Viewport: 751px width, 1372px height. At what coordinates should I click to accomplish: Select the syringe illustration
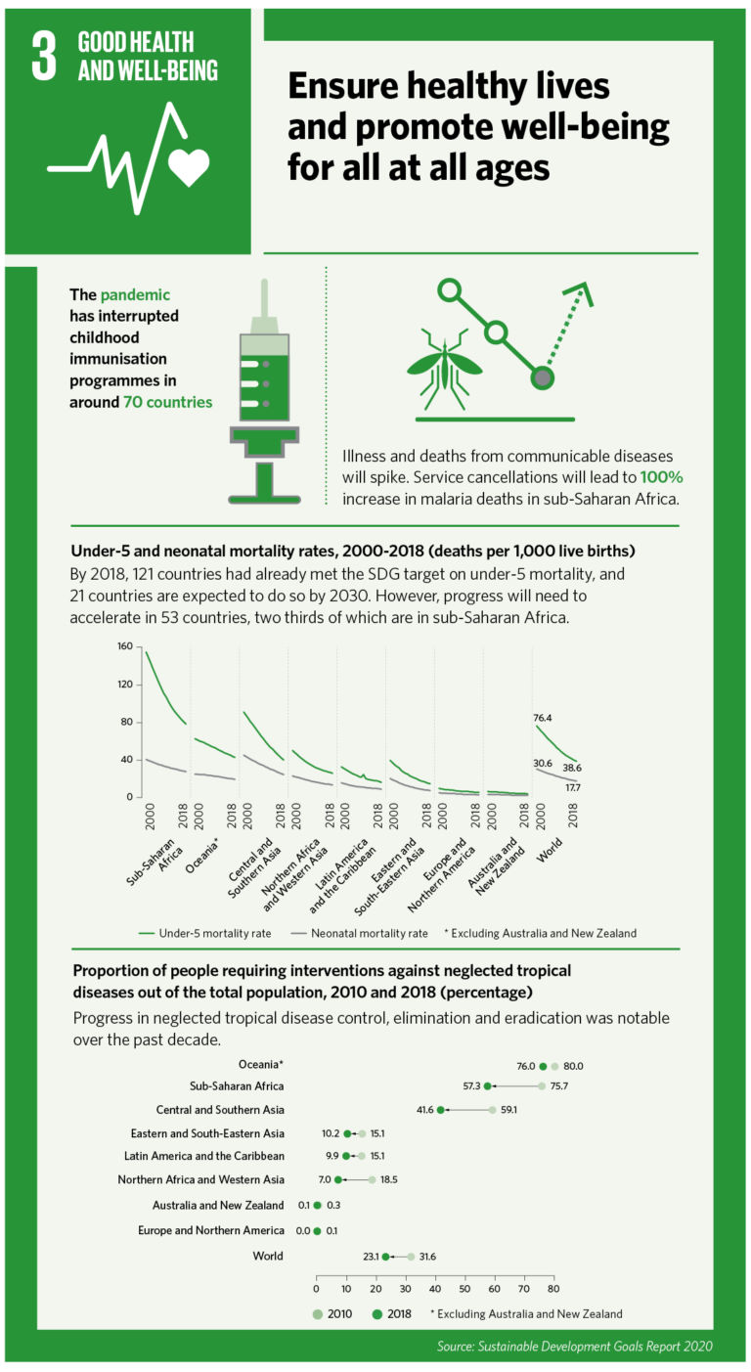tap(264, 391)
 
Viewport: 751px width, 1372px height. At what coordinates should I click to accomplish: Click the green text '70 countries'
tap(167, 402)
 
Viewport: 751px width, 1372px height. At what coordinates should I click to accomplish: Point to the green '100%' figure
tap(661, 477)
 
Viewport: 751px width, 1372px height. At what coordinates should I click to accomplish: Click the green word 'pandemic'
tap(135, 294)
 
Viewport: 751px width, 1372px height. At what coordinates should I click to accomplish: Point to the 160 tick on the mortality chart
tap(123, 647)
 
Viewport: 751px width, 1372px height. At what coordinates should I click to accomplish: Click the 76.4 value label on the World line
tap(544, 718)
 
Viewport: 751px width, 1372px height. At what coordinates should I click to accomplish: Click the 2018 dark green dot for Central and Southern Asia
tap(440, 1110)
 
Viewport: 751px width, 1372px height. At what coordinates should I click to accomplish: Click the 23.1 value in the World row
tap(372, 1256)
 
